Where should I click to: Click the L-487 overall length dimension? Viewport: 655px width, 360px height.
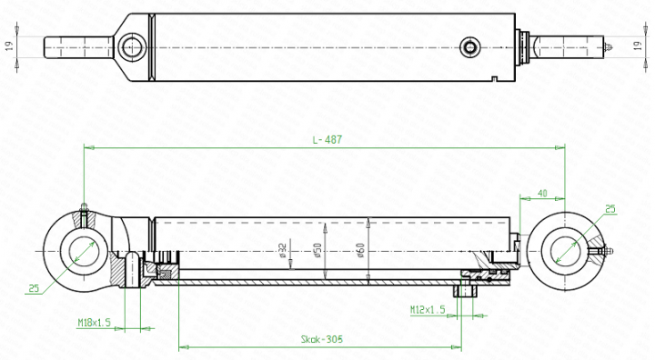click(325, 139)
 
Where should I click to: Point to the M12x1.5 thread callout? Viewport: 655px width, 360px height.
click(427, 310)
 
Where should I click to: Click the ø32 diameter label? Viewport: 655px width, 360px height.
click(283, 251)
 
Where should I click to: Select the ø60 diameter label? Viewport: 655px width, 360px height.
click(361, 248)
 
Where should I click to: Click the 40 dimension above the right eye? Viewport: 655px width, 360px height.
click(542, 194)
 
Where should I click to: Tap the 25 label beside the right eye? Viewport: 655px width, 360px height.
click(610, 209)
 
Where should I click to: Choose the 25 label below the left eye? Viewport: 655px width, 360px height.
click(34, 288)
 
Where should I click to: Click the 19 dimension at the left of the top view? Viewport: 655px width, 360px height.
click(10, 45)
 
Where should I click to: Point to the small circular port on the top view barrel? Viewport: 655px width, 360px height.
click(469, 46)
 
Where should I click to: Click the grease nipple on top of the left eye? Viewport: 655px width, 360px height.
click(84, 208)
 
